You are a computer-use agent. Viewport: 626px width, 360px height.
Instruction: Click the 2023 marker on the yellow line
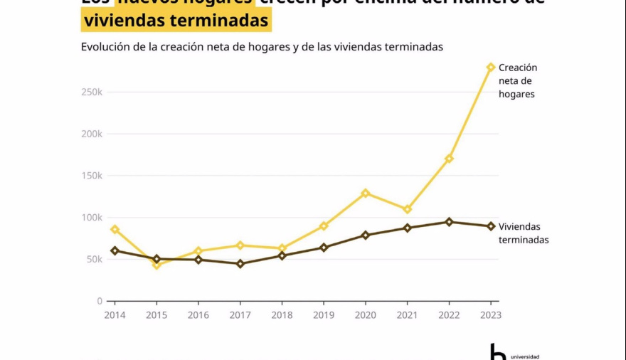pos(490,68)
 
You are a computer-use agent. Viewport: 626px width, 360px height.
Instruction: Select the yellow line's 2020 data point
pos(366,193)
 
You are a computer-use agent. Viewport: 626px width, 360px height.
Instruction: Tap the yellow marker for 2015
pos(156,265)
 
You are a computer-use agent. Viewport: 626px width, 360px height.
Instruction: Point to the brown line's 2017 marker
pos(240,264)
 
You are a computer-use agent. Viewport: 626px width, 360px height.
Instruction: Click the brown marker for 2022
pos(449,222)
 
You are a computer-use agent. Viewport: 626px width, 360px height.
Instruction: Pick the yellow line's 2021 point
pos(408,209)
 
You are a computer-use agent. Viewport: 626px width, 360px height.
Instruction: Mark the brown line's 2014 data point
pos(115,250)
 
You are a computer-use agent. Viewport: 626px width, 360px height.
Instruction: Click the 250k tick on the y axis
pos(92,92)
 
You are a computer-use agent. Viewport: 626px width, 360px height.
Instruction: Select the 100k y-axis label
pos(92,218)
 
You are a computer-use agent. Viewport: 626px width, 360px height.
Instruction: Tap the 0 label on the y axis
pos(100,301)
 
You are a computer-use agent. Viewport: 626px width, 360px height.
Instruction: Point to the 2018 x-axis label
pos(282,315)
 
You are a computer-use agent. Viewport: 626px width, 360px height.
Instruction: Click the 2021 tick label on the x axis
pos(407,315)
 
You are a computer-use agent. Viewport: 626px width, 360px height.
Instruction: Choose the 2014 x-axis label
pos(115,315)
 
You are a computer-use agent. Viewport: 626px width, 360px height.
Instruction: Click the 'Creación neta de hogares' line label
pos(517,80)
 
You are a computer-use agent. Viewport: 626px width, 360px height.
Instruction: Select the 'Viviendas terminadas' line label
pos(523,233)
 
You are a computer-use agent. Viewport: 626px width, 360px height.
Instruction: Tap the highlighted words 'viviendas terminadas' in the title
pos(176,21)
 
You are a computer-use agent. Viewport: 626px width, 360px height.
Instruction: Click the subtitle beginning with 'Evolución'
pos(262,47)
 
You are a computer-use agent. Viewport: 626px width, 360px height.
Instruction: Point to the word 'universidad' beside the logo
pos(525,356)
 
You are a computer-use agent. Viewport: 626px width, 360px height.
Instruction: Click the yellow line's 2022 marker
pos(449,159)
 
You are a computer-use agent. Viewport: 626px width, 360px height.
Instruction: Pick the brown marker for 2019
pos(324,248)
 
